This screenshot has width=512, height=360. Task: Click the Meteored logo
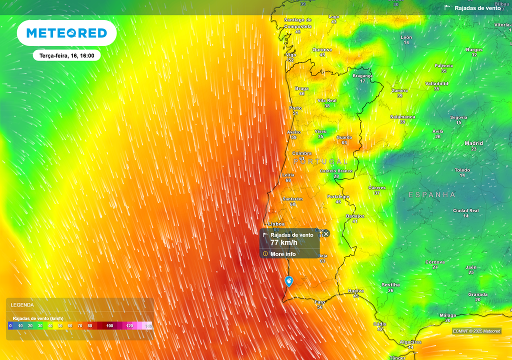(x=66, y=33)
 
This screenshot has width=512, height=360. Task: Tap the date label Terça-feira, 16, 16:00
(x=66, y=55)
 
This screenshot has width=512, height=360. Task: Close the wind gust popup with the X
(x=326, y=233)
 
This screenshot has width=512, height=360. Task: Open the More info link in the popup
(x=283, y=254)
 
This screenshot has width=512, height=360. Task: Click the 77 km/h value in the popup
(x=283, y=242)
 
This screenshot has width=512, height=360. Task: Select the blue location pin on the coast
(x=289, y=281)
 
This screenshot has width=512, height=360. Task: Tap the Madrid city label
(x=473, y=143)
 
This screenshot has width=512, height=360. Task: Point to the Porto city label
(x=295, y=108)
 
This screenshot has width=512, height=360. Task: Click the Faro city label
(x=320, y=302)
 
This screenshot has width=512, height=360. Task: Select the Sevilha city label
(x=390, y=284)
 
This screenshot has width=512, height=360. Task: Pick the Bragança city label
(x=362, y=76)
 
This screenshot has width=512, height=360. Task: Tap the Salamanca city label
(x=402, y=117)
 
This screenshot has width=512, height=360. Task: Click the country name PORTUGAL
(x=320, y=161)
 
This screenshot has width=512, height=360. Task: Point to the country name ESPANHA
(x=432, y=194)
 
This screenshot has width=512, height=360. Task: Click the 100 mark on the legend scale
(x=109, y=325)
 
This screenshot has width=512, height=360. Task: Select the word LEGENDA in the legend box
(x=22, y=304)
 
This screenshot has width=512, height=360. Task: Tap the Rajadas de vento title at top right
(x=477, y=8)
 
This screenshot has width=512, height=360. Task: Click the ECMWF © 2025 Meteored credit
(x=476, y=331)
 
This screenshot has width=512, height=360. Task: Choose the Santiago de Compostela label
(x=298, y=23)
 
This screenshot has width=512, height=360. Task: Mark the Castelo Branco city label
(x=336, y=171)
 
